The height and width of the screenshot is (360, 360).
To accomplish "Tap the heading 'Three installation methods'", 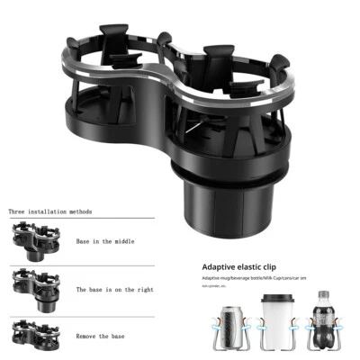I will point(50,211).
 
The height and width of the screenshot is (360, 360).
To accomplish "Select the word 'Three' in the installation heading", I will point(18,211).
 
